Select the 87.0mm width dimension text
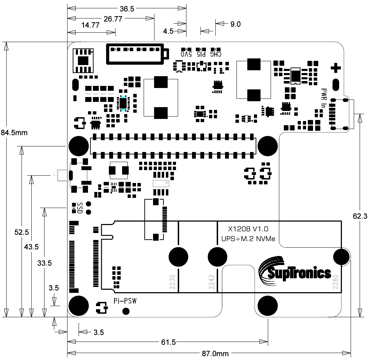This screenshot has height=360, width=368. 216,354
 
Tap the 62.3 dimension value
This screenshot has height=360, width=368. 360,216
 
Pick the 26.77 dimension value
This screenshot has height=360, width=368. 112,19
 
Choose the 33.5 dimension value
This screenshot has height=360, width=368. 45,263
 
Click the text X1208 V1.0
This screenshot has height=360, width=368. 248,229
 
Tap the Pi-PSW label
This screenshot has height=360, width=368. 125,301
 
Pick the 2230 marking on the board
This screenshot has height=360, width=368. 171,281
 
